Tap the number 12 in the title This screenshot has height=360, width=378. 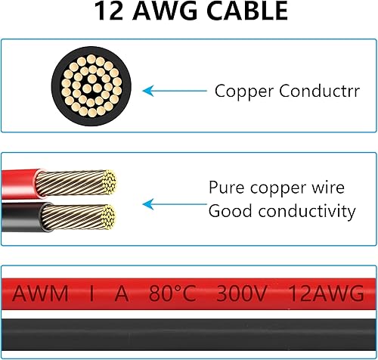point(110,12)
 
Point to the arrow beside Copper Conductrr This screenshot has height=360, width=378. point(175,92)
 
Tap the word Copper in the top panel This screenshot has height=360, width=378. point(238,92)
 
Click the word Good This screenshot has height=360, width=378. point(229,211)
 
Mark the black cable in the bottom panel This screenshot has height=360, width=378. point(189,337)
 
